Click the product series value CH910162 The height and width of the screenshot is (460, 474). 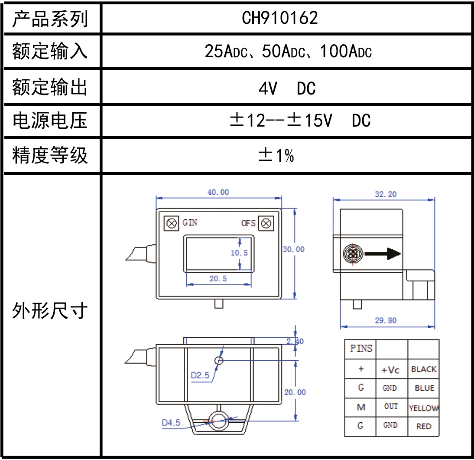(280, 18)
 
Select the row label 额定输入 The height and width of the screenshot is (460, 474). (50, 52)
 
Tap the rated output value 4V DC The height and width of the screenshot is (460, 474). (287, 88)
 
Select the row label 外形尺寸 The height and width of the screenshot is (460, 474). (50, 311)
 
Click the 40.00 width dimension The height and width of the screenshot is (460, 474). (218, 192)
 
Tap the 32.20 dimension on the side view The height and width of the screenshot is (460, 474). (386, 194)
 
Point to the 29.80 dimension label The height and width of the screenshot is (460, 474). (386, 321)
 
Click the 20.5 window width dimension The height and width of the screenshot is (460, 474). (218, 279)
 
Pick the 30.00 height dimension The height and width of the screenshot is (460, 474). (294, 249)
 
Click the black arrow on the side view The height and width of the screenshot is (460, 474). (383, 254)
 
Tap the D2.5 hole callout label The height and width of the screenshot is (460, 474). (200, 375)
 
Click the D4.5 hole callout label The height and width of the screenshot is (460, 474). (171, 423)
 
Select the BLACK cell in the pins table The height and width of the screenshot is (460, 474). (423, 369)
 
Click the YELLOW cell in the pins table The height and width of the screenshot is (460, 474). (423, 408)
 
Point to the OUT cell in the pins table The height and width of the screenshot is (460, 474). (391, 407)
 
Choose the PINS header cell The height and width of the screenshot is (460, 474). (361, 349)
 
